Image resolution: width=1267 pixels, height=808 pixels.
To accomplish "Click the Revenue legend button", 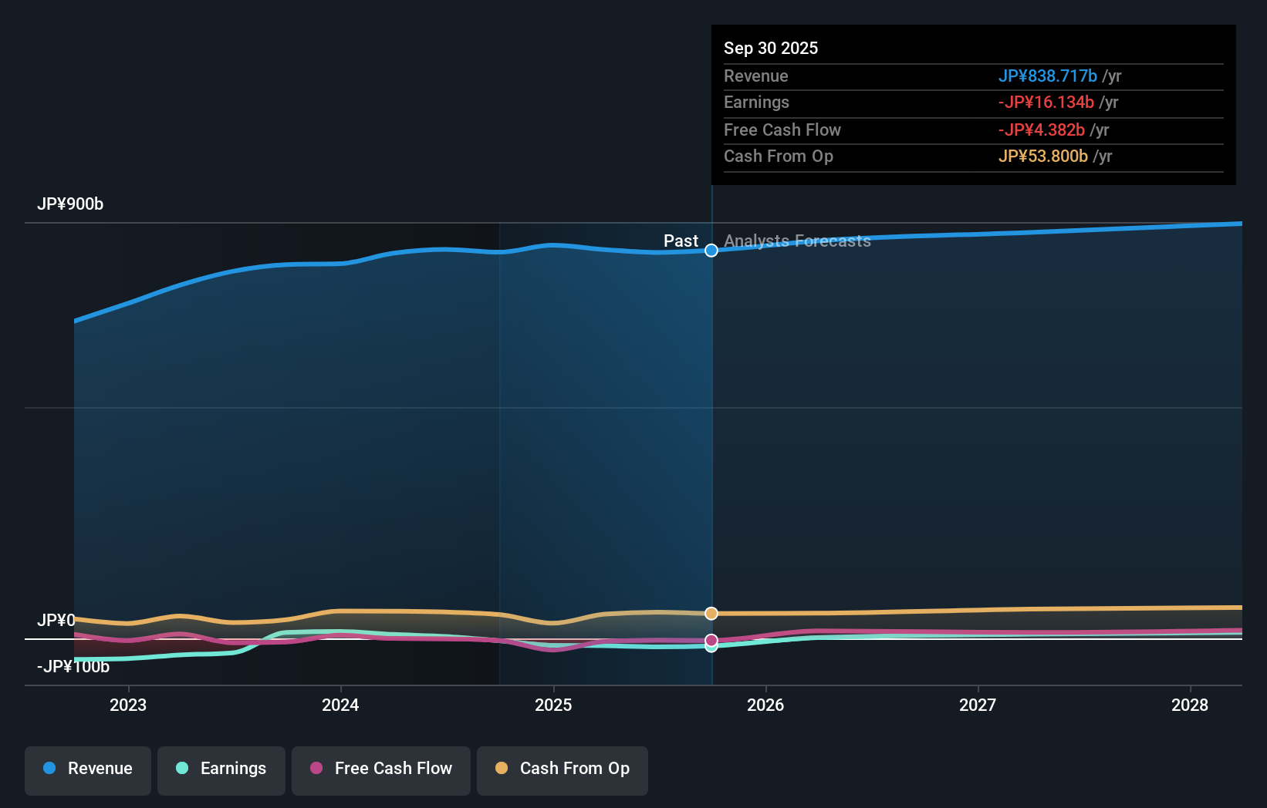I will (88, 769).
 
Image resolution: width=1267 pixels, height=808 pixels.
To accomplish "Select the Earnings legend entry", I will (221, 769).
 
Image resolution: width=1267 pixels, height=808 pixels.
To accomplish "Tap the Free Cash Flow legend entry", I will (381, 769).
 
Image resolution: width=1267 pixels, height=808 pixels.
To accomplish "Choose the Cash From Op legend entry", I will (563, 769).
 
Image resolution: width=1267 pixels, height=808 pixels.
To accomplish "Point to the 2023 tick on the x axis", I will (128, 705).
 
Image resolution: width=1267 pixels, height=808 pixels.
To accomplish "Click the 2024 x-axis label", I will (340, 705).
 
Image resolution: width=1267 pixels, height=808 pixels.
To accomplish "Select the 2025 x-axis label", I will (553, 705).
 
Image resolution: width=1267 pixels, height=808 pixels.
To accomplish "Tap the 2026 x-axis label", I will (765, 705).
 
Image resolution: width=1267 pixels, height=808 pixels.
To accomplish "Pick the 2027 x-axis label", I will (978, 705).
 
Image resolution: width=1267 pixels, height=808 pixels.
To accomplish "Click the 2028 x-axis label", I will (1190, 705).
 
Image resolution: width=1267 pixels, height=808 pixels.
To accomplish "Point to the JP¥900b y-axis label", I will (70, 204).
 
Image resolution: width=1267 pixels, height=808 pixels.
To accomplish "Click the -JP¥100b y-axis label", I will (73, 667).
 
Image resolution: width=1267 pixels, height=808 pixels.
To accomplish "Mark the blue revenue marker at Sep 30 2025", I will (711, 251).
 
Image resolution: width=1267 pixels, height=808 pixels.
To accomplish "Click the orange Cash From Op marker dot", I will (711, 614).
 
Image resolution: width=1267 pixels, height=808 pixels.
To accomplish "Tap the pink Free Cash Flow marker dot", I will (711, 640).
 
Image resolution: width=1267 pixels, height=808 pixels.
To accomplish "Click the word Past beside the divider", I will (681, 241).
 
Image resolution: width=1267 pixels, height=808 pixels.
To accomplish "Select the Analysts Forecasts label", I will (797, 241).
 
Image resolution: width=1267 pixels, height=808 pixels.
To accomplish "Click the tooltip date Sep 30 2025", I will (771, 49).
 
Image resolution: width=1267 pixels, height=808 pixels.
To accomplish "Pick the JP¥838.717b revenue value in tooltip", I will (1047, 76).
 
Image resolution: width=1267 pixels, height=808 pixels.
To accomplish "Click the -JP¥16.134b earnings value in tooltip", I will (1046, 103).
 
